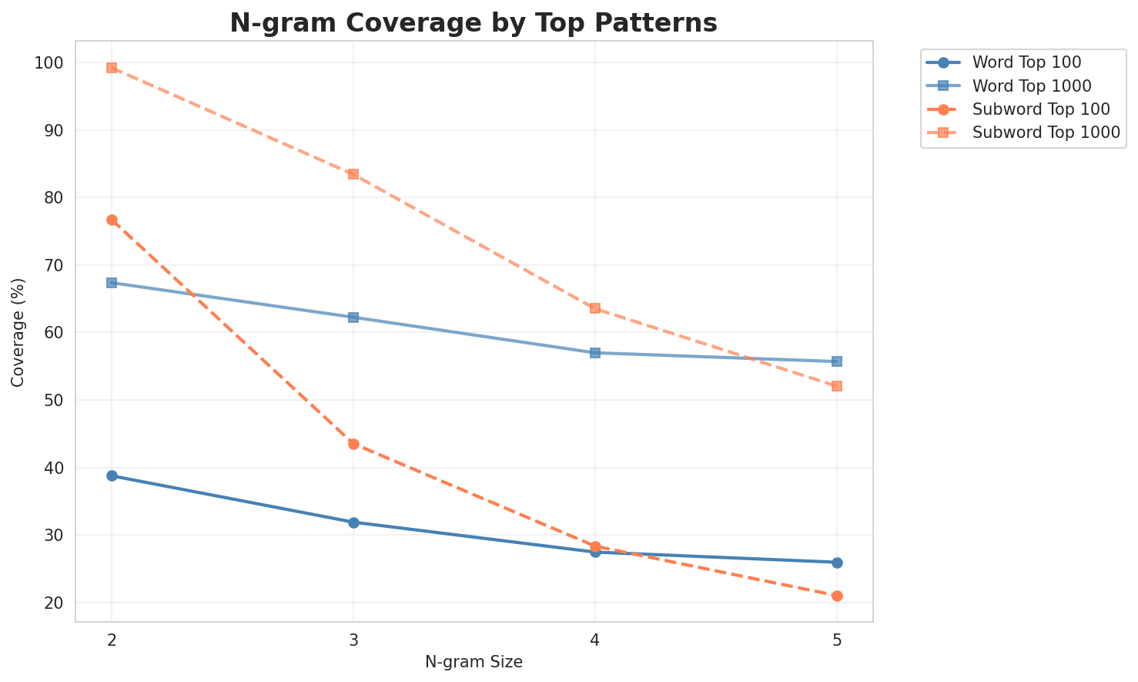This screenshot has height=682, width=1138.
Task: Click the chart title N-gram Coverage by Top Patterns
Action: pos(474,23)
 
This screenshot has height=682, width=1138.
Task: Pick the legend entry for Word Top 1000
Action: pos(1033,86)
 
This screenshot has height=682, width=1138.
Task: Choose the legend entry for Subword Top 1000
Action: pos(1046,133)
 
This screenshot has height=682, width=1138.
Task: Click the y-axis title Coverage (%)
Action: pos(18,331)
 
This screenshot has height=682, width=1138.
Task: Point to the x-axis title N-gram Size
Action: pos(474,662)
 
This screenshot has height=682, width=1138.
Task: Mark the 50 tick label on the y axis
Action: pos(52,401)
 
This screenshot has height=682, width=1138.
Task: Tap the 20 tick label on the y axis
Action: pos(52,603)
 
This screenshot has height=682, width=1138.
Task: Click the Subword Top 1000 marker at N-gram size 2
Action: pos(112,68)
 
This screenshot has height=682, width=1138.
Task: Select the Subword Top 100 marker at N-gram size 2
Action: pos(112,220)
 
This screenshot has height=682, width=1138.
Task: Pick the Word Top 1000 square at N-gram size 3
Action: pos(353,317)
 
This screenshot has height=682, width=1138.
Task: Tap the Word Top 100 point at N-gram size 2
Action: pos(112,476)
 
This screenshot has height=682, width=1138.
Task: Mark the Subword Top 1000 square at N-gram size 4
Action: pos(595,308)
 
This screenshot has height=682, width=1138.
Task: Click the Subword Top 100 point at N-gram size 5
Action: pos(837,596)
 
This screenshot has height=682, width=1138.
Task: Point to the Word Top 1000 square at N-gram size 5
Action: pos(837,361)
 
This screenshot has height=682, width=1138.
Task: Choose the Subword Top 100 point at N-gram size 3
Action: pos(353,444)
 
